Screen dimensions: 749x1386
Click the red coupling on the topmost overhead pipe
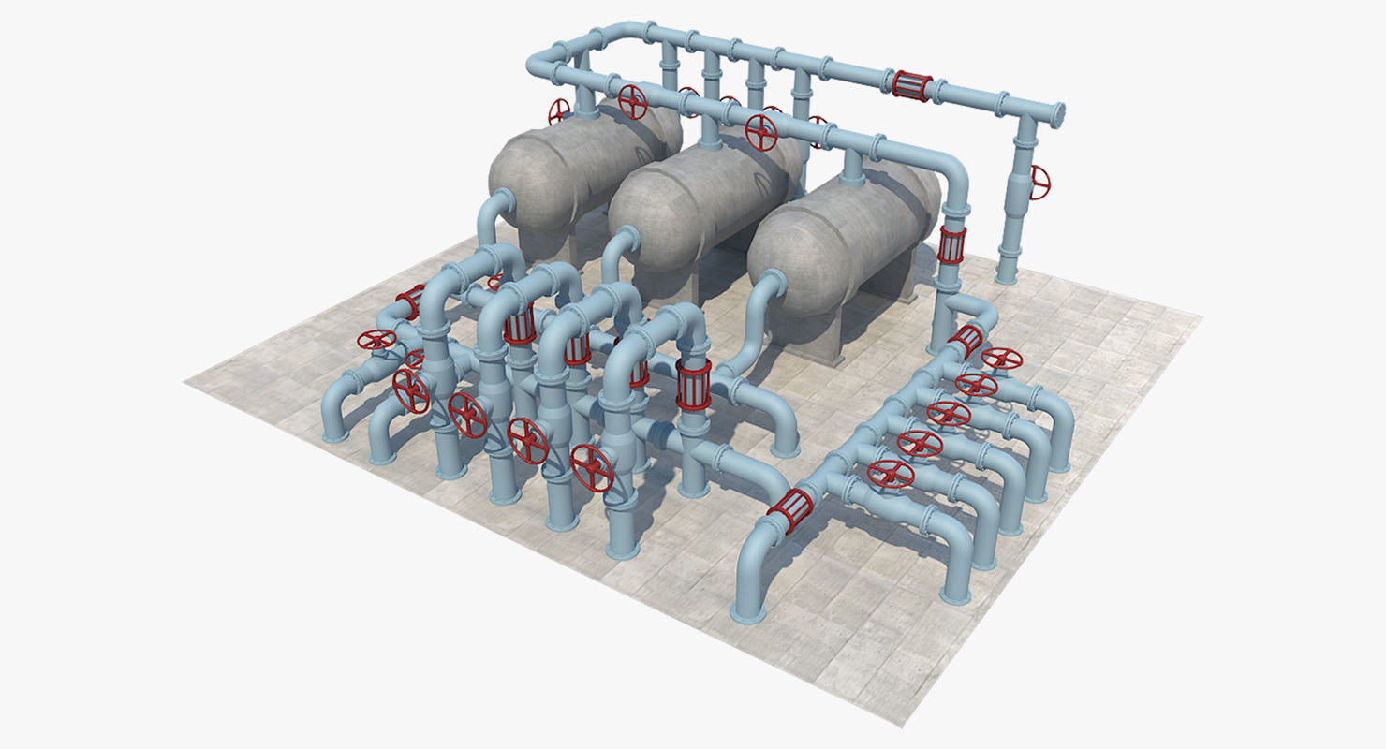(x=910, y=85)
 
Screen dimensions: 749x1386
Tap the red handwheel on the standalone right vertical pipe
(x=1039, y=182)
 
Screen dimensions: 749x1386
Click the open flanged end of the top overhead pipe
(x=1059, y=115)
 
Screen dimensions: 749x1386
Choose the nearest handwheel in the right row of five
(x=890, y=473)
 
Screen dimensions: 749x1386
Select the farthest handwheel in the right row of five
(x=1002, y=359)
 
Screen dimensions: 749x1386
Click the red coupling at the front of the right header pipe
(x=789, y=511)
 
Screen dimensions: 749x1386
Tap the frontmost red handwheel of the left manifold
(x=592, y=467)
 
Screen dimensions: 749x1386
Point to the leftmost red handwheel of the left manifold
(x=376, y=339)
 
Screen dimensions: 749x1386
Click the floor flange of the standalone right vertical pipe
(x=1006, y=277)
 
